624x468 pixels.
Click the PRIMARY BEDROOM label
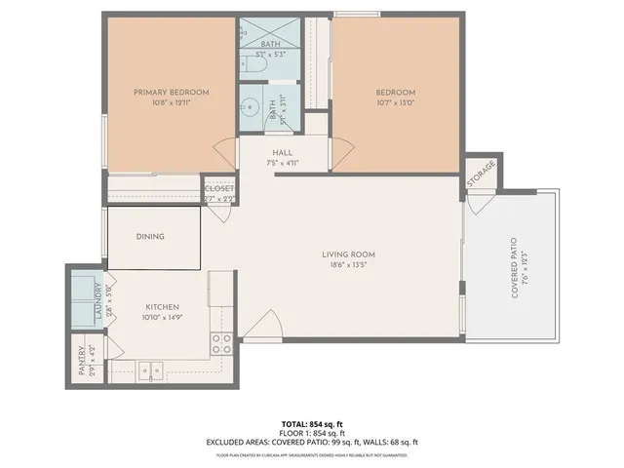pos(171,93)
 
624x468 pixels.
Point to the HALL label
pos(283,153)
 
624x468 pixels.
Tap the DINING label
pos(150,236)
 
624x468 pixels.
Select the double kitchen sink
pos(150,370)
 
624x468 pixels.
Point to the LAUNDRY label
pos(98,303)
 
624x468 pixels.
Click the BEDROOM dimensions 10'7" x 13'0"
pos(396,103)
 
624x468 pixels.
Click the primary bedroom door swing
pos(224,154)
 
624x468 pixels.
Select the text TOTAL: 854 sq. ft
pos(311,423)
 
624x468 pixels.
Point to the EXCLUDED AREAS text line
pos(311,442)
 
